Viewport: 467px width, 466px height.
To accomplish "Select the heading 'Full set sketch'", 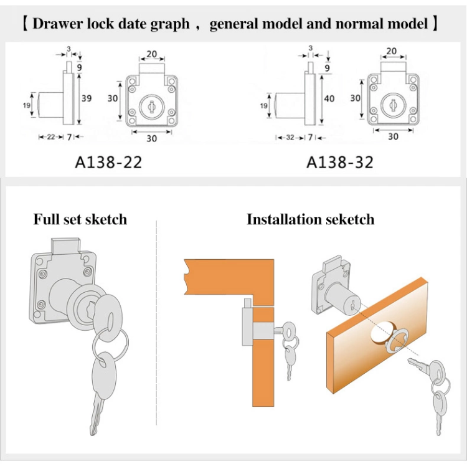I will pos(80,219).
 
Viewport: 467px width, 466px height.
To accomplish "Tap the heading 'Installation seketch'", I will pos(310,219).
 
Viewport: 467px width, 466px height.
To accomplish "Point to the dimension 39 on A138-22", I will pos(87,98).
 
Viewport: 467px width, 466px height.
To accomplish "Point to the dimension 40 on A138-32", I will pos(329,98).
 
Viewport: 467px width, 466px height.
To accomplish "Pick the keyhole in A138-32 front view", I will pos(392,104).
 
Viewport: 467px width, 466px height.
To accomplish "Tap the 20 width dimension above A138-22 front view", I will pos(151,54).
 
